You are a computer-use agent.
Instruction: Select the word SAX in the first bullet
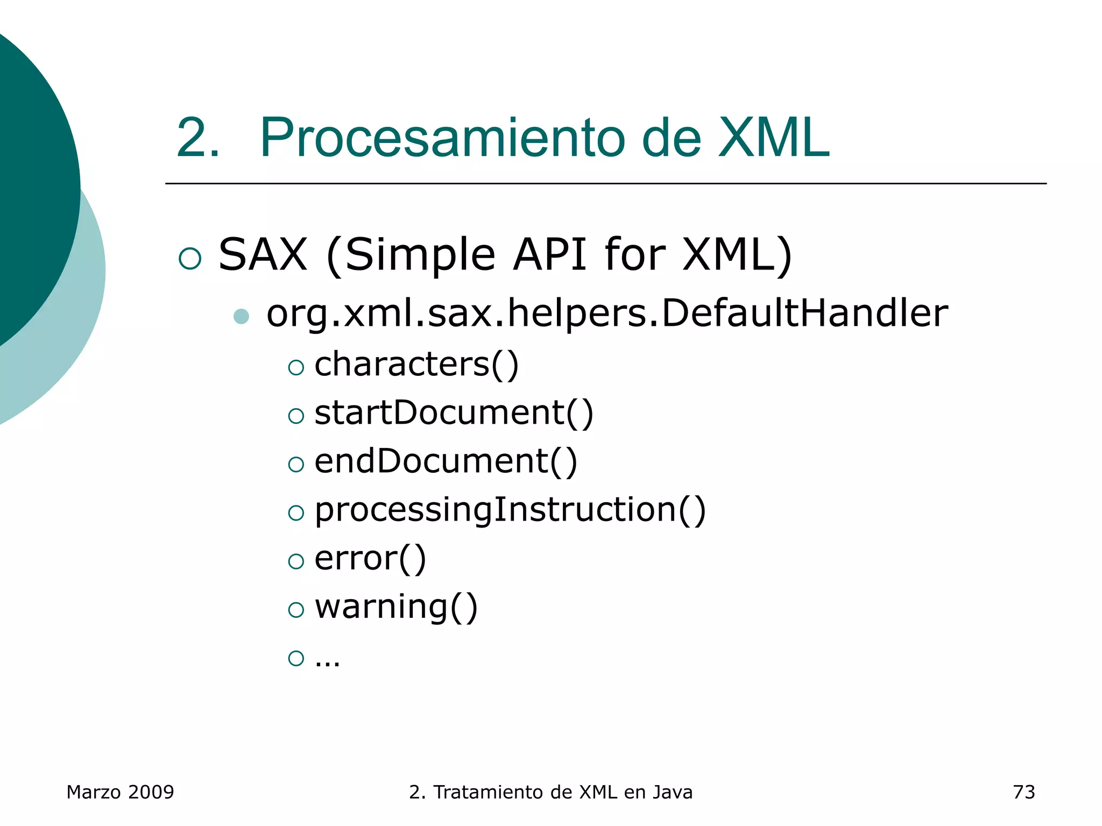(x=263, y=254)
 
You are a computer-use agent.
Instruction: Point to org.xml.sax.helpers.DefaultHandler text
(x=606, y=314)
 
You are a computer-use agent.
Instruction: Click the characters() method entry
(x=416, y=365)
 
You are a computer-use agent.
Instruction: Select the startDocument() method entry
(x=453, y=414)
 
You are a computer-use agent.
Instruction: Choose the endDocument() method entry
(x=445, y=462)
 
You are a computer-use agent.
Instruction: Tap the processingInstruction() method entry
(x=510, y=510)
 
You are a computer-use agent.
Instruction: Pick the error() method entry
(x=370, y=559)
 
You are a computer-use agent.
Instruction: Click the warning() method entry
(x=395, y=607)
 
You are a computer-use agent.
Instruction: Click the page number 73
(x=1023, y=792)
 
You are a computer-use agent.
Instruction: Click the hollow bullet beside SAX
(x=190, y=258)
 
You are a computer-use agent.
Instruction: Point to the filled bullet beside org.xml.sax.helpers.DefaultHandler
(x=242, y=316)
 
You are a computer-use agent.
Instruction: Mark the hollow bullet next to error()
(x=296, y=561)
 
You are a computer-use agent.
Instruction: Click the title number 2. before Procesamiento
(x=197, y=138)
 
